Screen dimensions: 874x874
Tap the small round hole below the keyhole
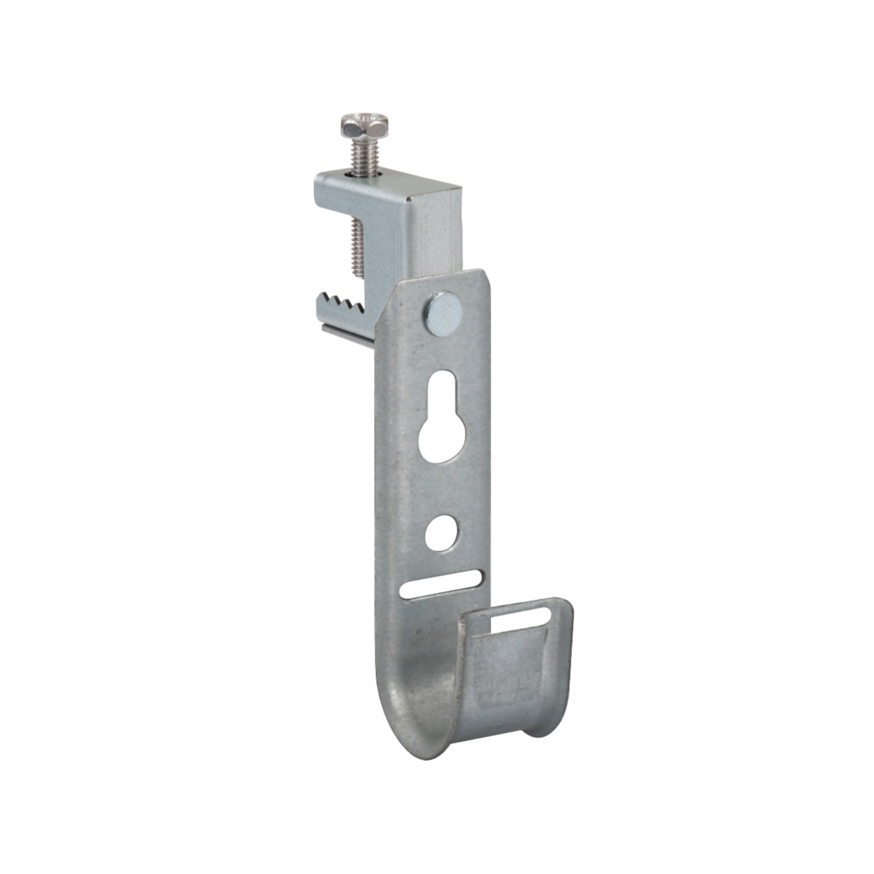(440, 533)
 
